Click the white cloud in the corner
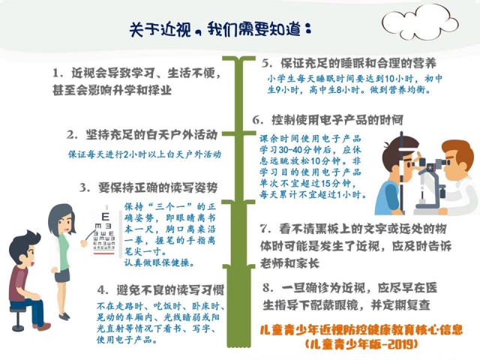420,22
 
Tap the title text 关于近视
160,30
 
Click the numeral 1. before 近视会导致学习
58,73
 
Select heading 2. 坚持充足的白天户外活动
142,135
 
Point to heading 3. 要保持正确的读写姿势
148,187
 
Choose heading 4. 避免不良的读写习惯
161,289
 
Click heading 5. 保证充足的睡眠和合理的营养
349,63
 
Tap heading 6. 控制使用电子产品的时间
328,120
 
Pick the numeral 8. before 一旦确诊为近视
268,288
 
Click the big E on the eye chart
105,217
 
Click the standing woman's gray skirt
62,275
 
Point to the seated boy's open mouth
31,263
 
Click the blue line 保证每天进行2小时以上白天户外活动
145,154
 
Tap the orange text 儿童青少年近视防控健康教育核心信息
361,330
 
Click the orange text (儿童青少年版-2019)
361,344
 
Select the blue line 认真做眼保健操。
159,262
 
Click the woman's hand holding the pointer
83,243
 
